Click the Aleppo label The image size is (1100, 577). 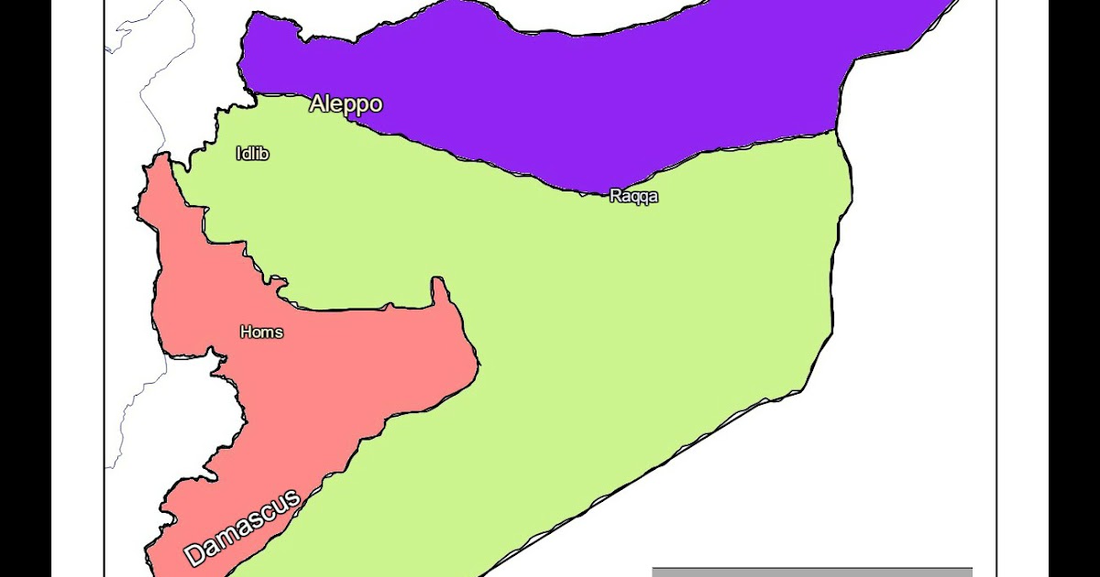346,103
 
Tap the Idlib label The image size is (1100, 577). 252,154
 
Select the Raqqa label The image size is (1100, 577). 633,196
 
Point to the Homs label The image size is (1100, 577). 261,332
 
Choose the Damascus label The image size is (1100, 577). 242,528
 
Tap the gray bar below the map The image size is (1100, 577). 811,572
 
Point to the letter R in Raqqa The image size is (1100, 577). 615,196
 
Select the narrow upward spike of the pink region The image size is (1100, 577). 440,291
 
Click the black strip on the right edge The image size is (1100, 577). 1074,288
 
